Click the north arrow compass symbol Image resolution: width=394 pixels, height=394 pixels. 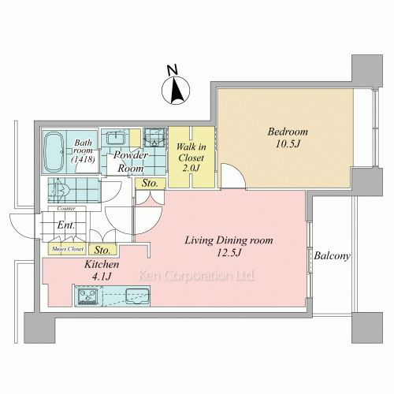pos(176,91)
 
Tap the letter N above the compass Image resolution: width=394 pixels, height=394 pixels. pos(173,69)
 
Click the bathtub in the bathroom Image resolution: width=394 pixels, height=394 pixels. pos(54,152)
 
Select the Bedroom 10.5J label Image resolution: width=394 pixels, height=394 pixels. pos(288,137)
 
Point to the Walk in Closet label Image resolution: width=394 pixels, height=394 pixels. pos(191,158)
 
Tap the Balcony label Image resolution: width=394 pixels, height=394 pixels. pos(332,256)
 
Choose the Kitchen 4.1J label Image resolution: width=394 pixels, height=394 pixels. pos(102,269)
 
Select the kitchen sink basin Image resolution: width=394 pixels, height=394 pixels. pos(138,295)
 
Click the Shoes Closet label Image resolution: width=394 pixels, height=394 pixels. pos(68,249)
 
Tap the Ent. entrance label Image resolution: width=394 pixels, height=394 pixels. pos(66,225)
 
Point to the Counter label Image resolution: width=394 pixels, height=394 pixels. pos(66,209)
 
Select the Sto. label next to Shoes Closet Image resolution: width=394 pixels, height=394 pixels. pos(102,250)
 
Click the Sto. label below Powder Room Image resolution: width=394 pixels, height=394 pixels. pos(150,183)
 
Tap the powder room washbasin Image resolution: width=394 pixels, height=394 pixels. pos(116,138)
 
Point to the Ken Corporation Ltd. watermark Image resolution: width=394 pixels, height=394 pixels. pos(196,276)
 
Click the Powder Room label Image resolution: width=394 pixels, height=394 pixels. pos(131,162)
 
